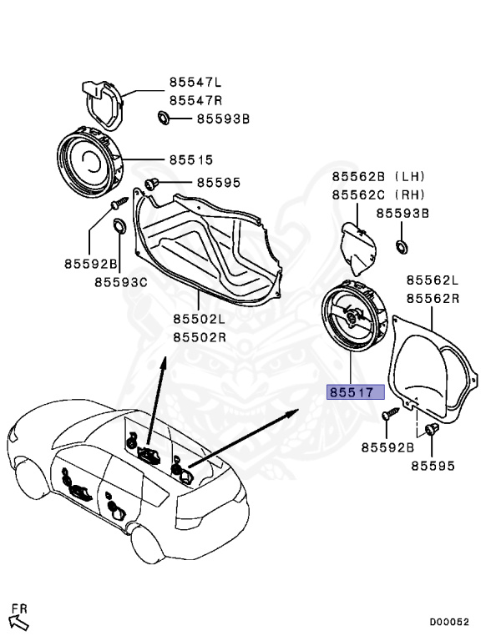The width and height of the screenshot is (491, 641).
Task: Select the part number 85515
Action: coord(191,159)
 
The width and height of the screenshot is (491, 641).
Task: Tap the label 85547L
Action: coord(195,83)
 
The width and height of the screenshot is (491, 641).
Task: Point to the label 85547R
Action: coord(195,100)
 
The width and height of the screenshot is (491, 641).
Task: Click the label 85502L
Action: coord(200,320)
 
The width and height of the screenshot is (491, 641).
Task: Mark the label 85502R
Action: coord(200,337)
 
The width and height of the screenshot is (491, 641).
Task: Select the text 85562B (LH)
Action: coord(378,177)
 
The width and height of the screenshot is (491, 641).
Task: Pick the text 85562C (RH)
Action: coord(378,194)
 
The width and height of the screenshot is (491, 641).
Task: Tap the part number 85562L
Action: coord(433,280)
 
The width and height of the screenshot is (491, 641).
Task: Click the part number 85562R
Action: coord(433,298)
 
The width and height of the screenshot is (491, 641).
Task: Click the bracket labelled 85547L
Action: coord(102,103)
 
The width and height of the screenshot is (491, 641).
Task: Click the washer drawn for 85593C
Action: coord(120,225)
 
